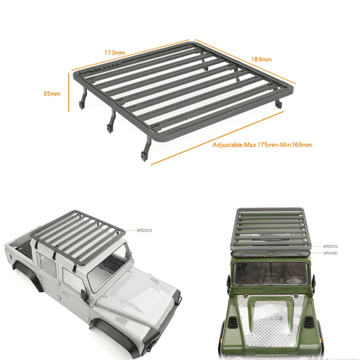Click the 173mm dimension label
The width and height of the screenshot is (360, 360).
point(115,53)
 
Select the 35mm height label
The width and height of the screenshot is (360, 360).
point(51,94)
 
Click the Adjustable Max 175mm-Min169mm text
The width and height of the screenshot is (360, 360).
point(262,145)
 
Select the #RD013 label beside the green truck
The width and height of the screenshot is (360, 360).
point(330,246)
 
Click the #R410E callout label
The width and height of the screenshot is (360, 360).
point(330,253)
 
